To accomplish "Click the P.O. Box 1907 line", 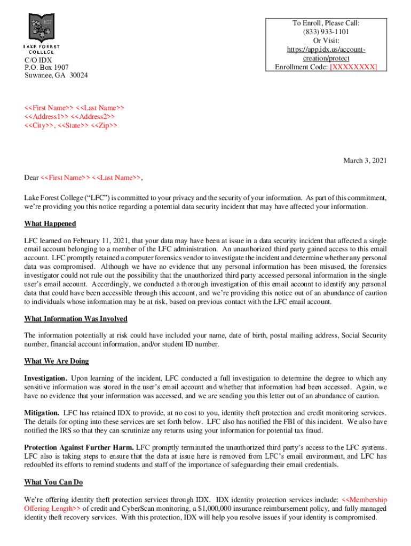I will pos(46,67).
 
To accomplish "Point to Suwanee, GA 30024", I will pos(56,75).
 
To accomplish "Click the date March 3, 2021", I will pos(365,160).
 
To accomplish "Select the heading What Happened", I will pos(50,223).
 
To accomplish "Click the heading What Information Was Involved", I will pos(76,319).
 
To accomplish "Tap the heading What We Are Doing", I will pos(57,361).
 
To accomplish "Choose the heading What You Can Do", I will pos(53,483).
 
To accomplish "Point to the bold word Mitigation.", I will pos(42,413).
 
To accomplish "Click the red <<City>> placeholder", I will pos(39,125).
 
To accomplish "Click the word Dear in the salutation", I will pos(31,178).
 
